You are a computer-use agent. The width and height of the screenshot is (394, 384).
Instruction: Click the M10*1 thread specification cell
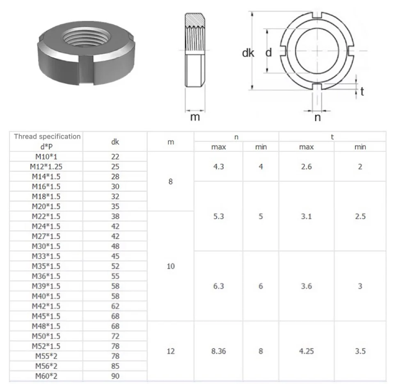pos(46,157)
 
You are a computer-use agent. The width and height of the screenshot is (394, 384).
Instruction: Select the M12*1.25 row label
pos(46,167)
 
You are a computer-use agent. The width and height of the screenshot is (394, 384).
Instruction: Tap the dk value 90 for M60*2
pos(115,376)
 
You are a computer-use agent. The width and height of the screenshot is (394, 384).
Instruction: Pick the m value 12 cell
pos(171,351)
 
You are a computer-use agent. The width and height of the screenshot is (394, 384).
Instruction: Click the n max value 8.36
pos(218,351)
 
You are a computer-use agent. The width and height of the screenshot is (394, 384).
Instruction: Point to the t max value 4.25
pos(306,351)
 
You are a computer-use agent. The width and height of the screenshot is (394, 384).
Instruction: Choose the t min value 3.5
pos(360,351)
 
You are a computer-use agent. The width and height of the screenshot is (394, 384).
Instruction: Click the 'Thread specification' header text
pos(47,136)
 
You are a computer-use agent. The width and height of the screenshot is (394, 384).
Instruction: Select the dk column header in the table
pos(115,142)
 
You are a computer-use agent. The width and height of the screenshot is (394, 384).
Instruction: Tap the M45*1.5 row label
pos(46,316)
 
